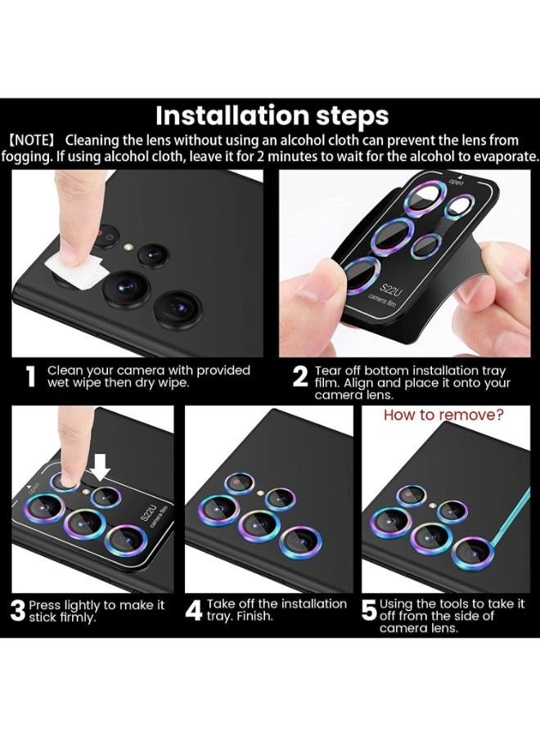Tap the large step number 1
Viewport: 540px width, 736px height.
[x=31, y=377]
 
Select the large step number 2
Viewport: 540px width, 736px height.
[x=300, y=377]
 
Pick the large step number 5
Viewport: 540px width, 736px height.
[x=369, y=612]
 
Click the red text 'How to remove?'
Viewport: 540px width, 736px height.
[x=443, y=415]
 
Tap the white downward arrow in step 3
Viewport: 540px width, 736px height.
[x=101, y=468]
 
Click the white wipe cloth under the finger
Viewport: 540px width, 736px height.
[x=75, y=266]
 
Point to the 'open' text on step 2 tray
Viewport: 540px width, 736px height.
[x=456, y=182]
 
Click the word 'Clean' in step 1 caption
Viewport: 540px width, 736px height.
[x=65, y=370]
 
